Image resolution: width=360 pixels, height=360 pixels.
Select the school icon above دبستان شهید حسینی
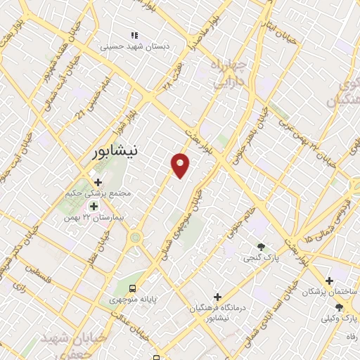coord(134,36)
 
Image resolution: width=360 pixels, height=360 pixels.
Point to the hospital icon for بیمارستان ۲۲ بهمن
coord(94,206)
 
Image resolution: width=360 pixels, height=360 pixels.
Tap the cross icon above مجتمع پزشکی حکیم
coord(98,182)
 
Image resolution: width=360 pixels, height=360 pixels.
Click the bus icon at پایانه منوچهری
coord(133,288)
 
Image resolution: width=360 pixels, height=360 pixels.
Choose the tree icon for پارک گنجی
coord(262,247)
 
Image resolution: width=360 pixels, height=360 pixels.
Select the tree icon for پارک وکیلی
coord(339,307)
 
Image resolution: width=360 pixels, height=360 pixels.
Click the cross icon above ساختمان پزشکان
coord(329,281)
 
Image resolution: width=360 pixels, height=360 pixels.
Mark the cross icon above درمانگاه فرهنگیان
coord(217,297)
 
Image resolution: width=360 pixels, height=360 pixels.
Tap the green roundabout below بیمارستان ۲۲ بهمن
coord(134,237)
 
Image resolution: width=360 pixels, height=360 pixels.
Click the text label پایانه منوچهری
coord(131,300)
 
